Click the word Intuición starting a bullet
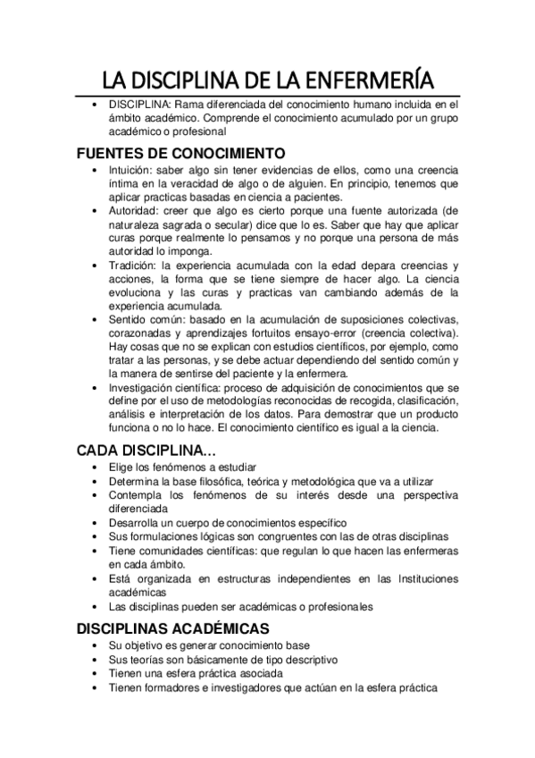pyautogui.click(x=130, y=168)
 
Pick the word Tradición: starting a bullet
pyautogui.click(x=135, y=265)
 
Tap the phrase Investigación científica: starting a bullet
pyautogui.click(x=173, y=389)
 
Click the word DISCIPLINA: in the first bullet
pyautogui.click(x=142, y=105)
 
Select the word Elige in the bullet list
pyautogui.click(x=121, y=467)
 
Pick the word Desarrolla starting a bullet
pyautogui.click(x=137, y=523)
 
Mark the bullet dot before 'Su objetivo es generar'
pyautogui.click(x=96, y=644)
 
